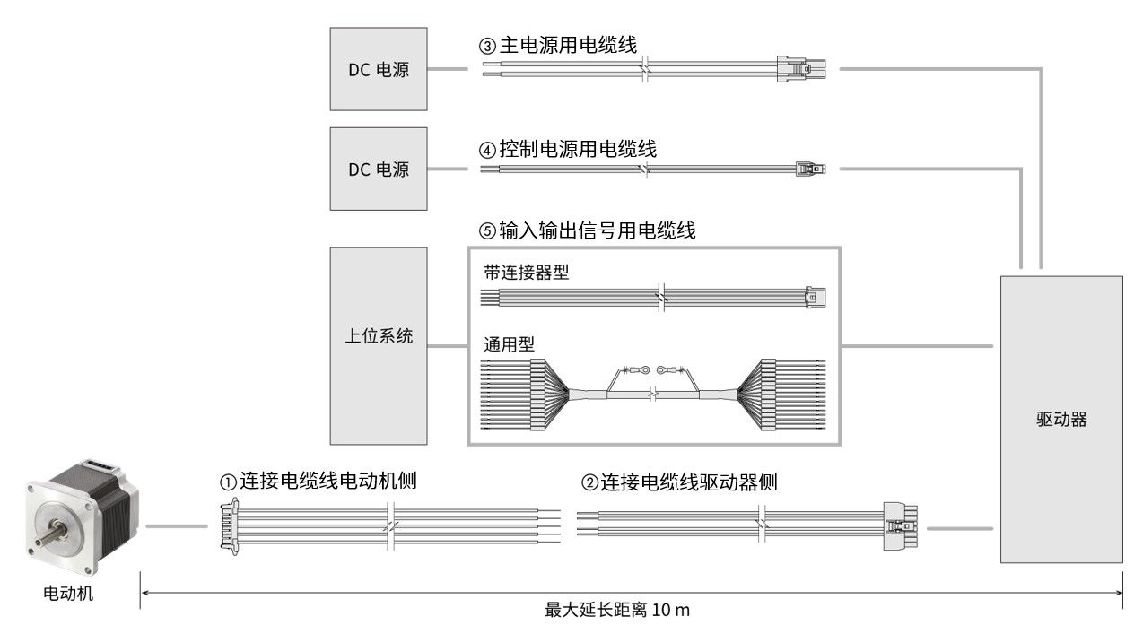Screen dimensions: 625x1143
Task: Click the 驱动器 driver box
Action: click(1060, 419)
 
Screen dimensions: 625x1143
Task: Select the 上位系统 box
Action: click(380, 345)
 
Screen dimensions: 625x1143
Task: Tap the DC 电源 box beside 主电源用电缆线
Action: click(380, 70)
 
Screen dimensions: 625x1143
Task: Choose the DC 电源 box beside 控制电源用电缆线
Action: click(380, 168)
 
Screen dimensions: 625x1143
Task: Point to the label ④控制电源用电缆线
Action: click(567, 150)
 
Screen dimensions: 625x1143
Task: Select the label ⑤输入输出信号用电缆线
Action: click(588, 231)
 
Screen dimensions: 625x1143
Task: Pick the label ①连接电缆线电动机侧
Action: click(319, 482)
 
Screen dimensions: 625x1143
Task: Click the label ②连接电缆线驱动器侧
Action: click(678, 482)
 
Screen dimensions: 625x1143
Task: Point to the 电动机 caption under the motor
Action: click(68, 593)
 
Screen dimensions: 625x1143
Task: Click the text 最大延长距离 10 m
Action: click(618, 610)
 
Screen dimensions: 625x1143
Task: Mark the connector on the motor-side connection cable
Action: click(228, 525)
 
